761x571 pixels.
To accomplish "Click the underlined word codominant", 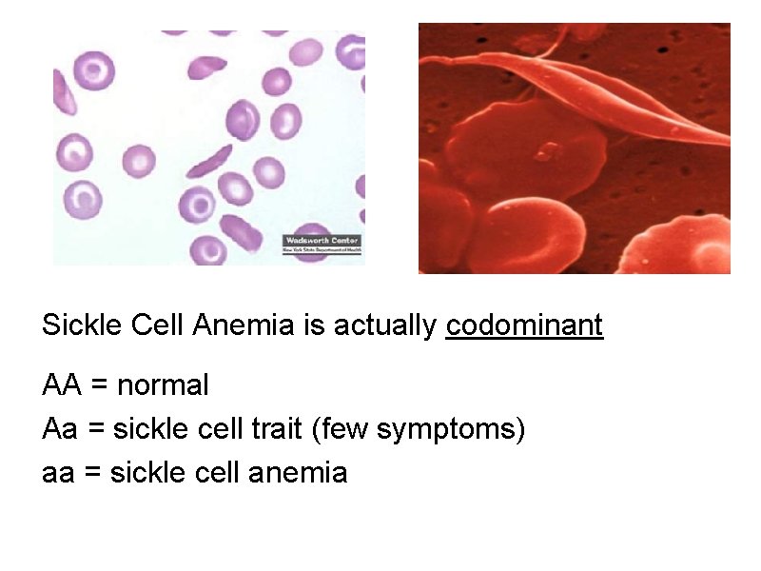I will coord(524,325).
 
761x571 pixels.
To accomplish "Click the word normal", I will coord(163,385).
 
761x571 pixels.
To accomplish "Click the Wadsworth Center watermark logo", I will coord(322,244).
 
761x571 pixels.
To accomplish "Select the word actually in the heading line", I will coord(389,326).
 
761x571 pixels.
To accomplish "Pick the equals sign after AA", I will coord(99,386).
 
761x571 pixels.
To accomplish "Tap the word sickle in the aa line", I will coord(143,472).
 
